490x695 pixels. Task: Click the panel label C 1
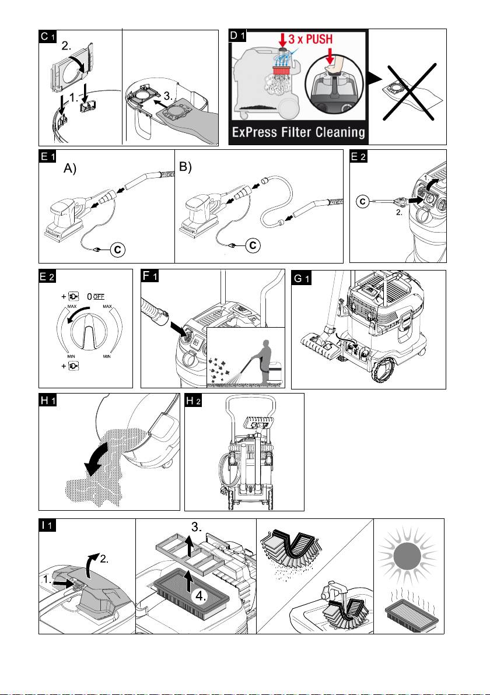click(x=47, y=36)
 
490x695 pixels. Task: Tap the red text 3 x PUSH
click(x=310, y=39)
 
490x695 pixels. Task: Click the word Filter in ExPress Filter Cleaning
click(x=299, y=132)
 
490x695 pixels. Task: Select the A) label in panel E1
click(x=70, y=169)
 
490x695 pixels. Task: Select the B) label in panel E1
click(x=185, y=167)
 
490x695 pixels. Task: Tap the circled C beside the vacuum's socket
click(x=363, y=202)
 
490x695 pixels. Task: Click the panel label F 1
click(x=150, y=276)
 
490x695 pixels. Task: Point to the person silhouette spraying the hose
click(x=262, y=361)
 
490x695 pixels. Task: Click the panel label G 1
click(x=302, y=278)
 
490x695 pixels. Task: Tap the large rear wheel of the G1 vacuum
click(x=384, y=368)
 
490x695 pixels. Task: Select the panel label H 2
click(x=193, y=401)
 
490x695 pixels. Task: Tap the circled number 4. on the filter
click(x=201, y=596)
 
